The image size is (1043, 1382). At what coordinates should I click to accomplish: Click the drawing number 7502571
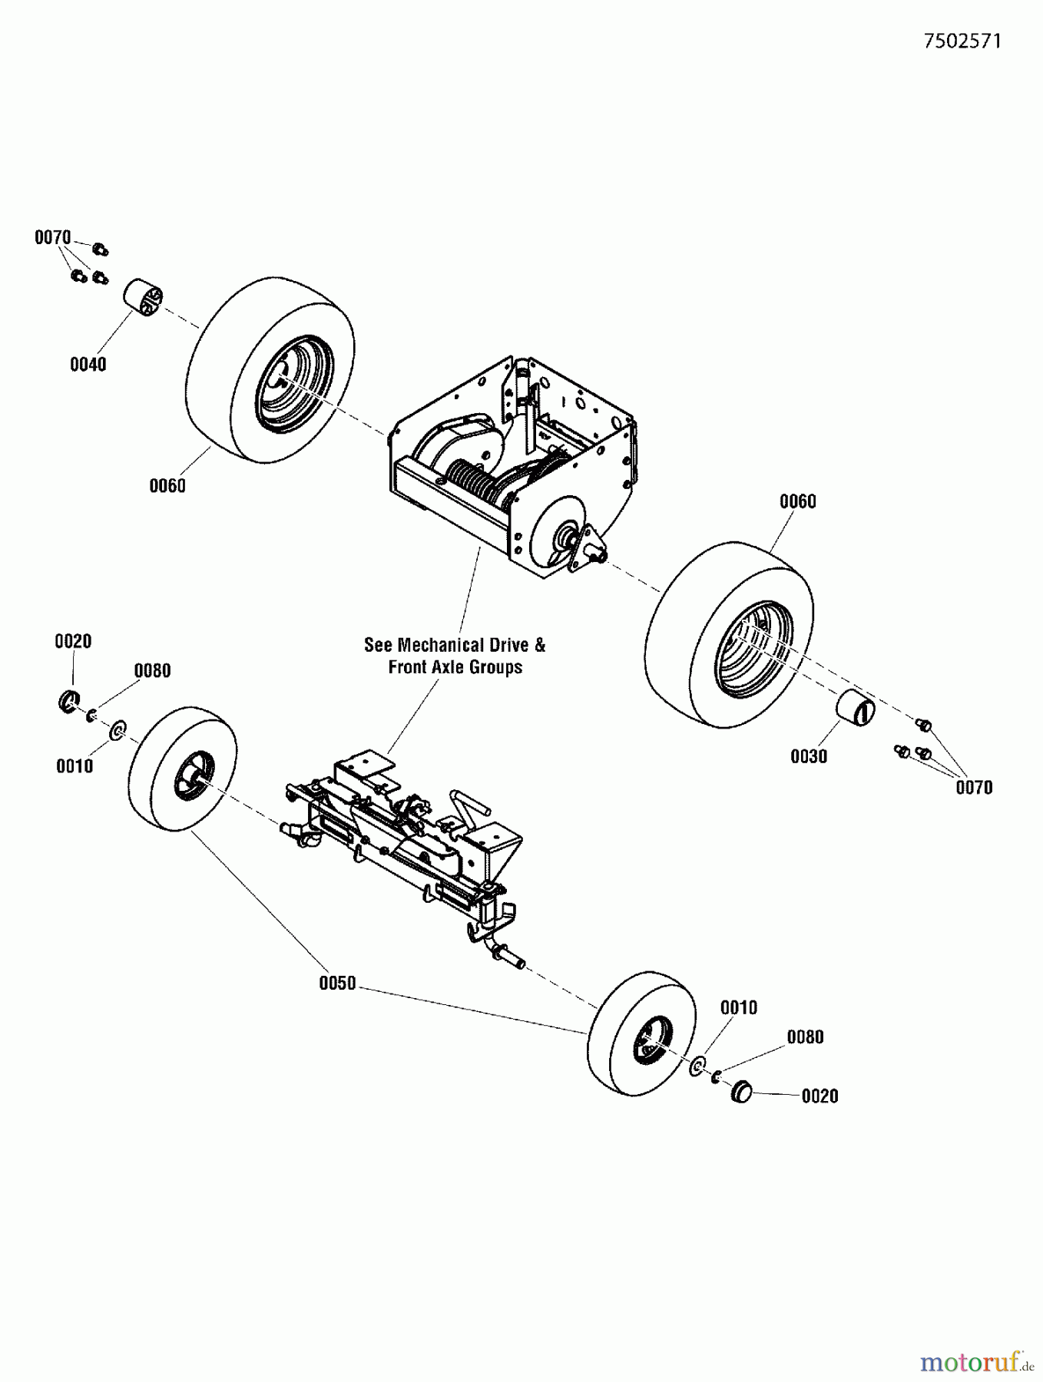pos(962,41)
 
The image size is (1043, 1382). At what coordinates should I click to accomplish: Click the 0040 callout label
pos(88,365)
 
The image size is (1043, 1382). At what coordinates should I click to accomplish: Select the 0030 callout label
pos(809,756)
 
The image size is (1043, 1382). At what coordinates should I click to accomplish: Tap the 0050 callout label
pos(337,983)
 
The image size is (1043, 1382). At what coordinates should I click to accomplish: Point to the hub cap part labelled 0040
pos(144,296)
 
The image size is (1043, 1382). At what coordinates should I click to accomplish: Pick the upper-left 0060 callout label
pos(167,485)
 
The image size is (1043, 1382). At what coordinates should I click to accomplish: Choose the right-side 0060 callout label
pos(797,501)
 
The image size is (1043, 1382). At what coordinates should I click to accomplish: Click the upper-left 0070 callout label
pos(52,238)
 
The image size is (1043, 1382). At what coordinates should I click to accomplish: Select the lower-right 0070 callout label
pos(974,787)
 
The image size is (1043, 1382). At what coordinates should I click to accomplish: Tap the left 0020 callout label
pos(73,641)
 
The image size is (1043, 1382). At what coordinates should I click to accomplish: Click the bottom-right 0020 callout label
pos(819,1096)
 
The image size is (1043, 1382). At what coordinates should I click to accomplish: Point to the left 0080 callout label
pos(152,670)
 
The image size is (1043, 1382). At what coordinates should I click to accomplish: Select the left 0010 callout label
pos(74,765)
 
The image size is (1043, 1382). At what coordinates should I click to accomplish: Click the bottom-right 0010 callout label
pos(739,1007)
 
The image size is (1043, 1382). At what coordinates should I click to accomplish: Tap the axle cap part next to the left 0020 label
pos(70,701)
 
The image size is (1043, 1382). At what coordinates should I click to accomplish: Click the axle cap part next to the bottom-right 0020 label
pos(741,1091)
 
